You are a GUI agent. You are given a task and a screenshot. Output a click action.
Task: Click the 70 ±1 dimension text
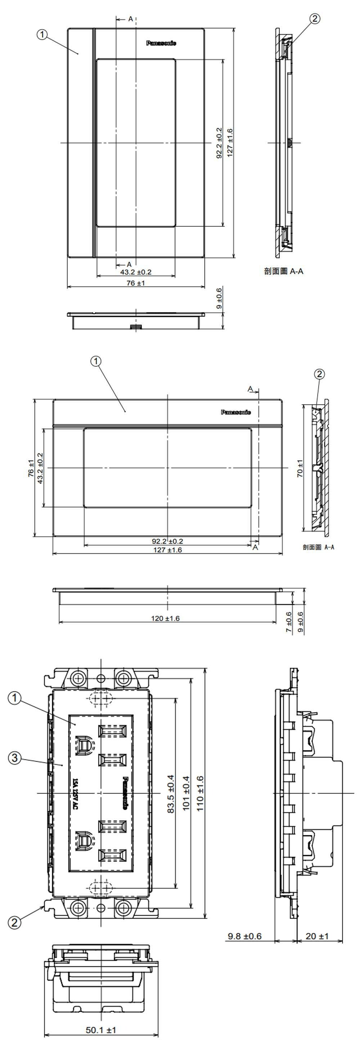coord(300,468)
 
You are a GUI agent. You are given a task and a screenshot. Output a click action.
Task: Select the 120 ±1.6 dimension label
coord(165,618)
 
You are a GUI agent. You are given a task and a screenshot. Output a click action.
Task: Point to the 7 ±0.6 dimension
coord(289,622)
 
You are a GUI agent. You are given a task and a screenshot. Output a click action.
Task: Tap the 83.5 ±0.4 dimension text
coord(171,794)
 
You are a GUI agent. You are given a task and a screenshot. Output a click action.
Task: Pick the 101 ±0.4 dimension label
coord(186,793)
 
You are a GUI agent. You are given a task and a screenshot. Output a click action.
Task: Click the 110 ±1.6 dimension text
coord(200,793)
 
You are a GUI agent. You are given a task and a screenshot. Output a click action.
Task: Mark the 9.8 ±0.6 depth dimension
coord(245,936)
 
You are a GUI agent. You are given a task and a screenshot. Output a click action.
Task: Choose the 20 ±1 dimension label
coord(317,936)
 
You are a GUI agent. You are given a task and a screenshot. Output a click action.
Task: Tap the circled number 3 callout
coord(15,758)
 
